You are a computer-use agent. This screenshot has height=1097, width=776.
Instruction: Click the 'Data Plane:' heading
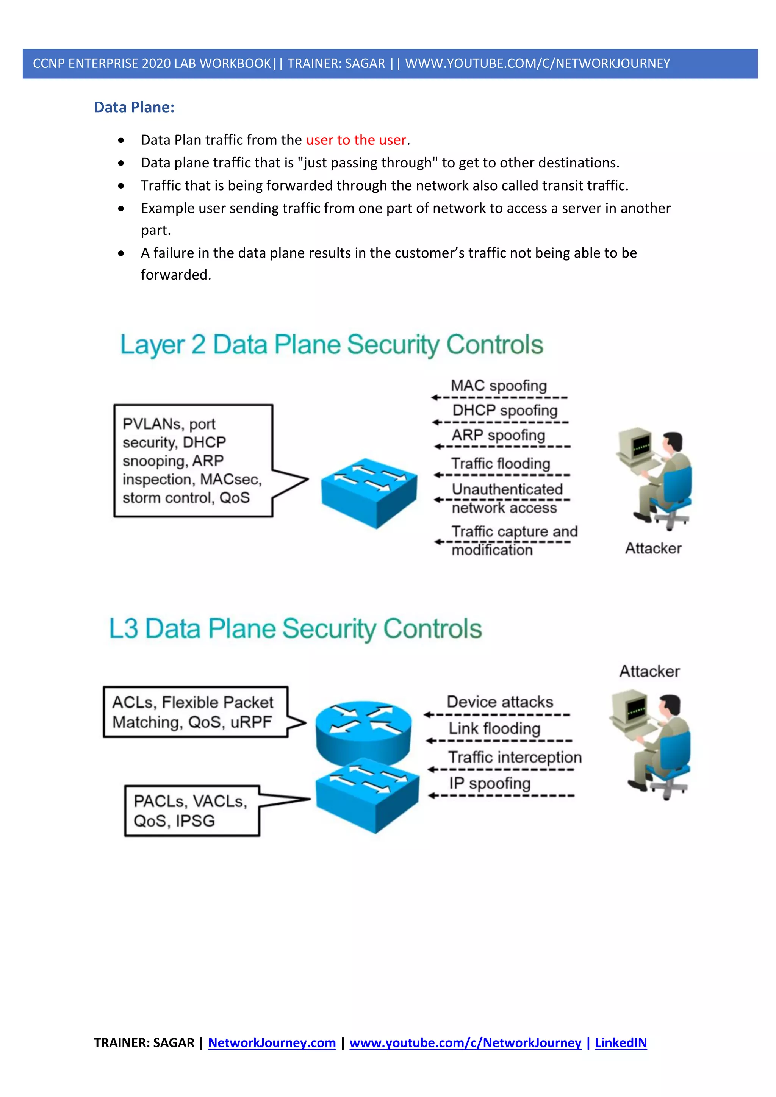[134, 107]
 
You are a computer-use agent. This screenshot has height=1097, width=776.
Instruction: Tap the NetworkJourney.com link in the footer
[272, 1042]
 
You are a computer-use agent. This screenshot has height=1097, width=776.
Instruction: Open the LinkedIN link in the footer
[621, 1042]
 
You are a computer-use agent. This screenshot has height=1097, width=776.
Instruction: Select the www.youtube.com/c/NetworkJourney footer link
[465, 1042]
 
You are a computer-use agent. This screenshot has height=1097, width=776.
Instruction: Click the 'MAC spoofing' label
[499, 386]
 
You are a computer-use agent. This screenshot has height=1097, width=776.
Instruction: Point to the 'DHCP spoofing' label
[505, 410]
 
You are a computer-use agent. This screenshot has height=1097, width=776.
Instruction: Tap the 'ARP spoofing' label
[498, 435]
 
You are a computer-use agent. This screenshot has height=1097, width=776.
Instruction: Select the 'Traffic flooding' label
[501, 463]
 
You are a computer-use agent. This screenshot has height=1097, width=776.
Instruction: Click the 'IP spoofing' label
[490, 783]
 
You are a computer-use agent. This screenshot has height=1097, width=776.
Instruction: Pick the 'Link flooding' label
[494, 729]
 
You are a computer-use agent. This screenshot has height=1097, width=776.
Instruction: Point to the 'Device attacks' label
[500, 702]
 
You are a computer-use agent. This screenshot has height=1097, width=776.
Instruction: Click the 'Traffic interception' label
[515, 757]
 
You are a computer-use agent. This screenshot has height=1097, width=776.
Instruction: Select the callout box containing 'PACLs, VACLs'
[192, 811]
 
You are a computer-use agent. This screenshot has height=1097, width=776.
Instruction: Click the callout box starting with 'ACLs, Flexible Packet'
[195, 712]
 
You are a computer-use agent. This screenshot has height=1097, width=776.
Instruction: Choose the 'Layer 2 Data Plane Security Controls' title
[332, 344]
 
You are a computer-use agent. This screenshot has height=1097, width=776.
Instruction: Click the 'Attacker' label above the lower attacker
[649, 671]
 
